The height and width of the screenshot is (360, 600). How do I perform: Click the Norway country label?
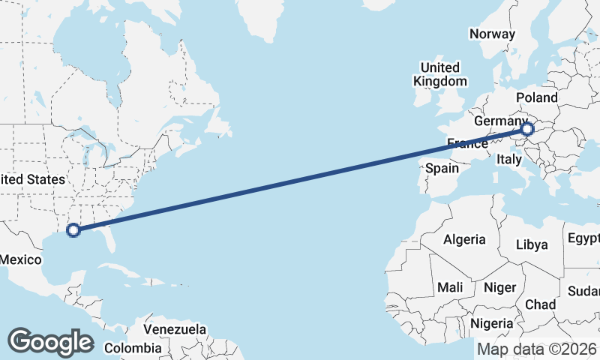tap(492, 34)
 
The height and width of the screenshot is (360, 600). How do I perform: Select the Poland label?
tap(537, 97)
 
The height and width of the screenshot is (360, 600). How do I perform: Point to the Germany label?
tap(502, 121)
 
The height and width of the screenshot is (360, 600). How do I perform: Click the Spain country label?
tap(442, 168)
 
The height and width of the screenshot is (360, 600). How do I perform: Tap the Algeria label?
tap(465, 240)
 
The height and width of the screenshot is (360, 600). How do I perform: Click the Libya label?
tap(532, 244)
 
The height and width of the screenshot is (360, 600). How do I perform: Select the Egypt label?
tap(584, 238)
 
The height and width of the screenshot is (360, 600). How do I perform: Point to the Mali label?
tap(450, 287)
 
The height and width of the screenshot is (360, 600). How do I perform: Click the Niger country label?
tap(499, 287)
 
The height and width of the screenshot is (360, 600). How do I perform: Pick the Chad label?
tap(540, 304)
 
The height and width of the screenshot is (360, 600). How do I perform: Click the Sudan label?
tap(585, 291)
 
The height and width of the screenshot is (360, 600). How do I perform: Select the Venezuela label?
tap(175, 329)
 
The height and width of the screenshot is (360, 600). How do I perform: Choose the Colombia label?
tap(133, 348)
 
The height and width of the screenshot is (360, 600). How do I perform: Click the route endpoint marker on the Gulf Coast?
tap(73, 229)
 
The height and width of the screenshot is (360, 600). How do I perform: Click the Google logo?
tap(50, 341)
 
